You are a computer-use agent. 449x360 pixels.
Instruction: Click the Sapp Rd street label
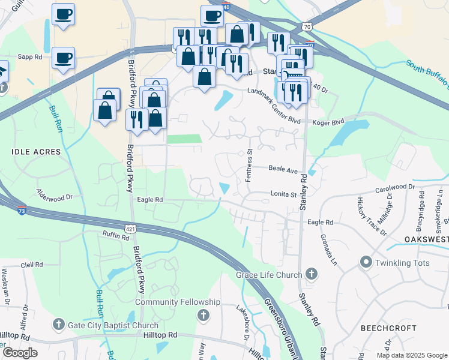30,57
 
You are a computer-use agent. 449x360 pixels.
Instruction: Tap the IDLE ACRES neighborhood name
36,152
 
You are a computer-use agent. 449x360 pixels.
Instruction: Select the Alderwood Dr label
54,196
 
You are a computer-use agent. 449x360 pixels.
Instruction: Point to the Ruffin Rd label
116,236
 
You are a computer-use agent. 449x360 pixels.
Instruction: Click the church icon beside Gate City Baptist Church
58,325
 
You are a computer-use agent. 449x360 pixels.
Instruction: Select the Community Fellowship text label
178,302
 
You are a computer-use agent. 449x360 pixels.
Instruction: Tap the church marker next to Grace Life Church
311,275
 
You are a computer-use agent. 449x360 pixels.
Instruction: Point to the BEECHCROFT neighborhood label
388,328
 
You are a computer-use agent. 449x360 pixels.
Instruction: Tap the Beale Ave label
283,170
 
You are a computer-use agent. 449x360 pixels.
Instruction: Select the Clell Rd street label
32,264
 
